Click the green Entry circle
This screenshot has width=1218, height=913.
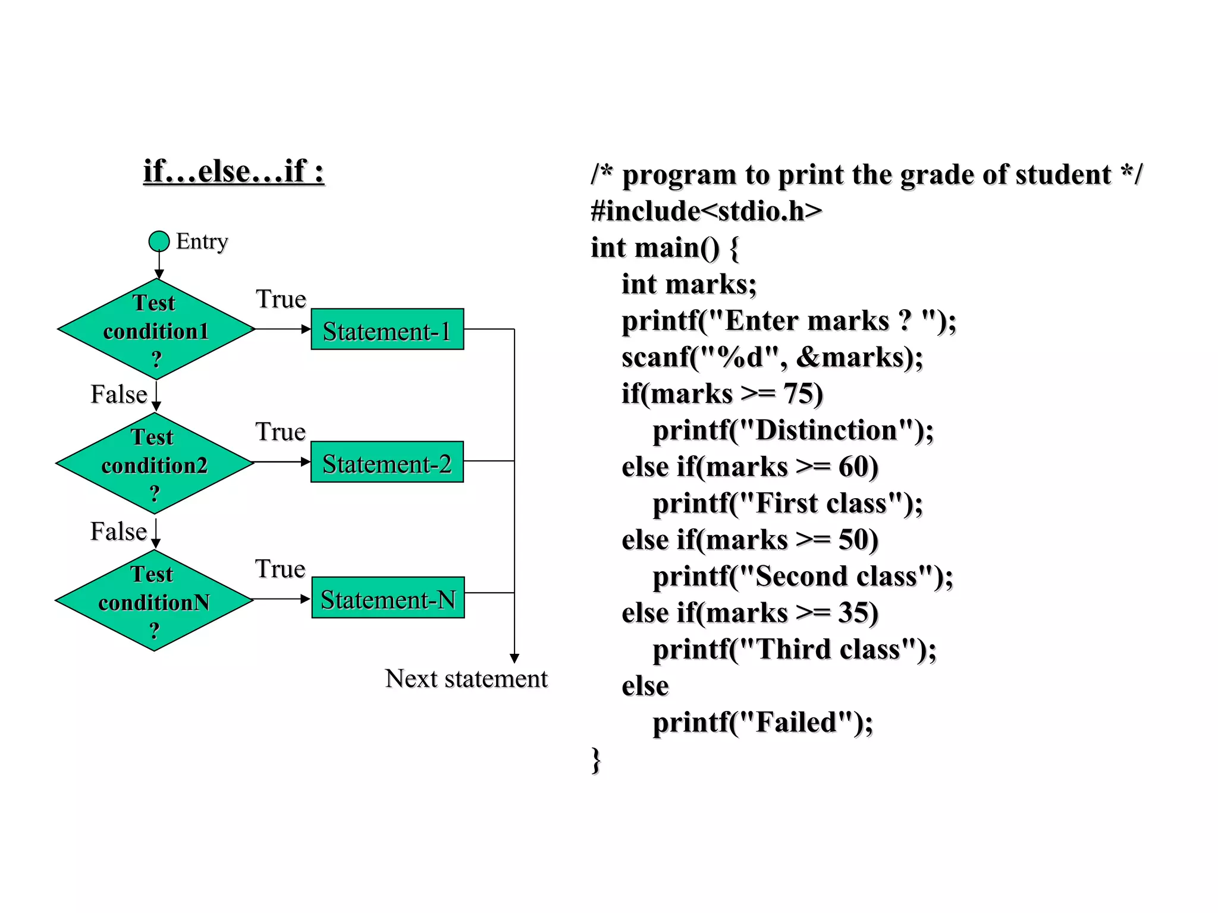click(159, 241)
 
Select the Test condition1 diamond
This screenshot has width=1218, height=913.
click(156, 329)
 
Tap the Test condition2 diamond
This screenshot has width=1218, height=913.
click(155, 464)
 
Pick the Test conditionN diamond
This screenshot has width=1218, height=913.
click(154, 600)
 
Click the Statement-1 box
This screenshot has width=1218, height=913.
click(387, 329)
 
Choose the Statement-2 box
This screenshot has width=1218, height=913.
click(387, 462)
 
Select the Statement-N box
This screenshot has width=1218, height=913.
click(388, 598)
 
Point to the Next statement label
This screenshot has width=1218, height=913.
click(466, 679)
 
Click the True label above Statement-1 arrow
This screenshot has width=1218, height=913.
click(281, 299)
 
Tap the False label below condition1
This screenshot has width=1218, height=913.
click(118, 395)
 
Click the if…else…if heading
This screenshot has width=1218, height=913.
click(234, 172)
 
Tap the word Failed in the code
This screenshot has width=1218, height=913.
click(796, 723)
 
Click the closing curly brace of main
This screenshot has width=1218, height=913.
click(596, 760)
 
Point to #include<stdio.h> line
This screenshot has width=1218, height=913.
click(706, 212)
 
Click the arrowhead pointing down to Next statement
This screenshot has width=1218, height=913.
click(514, 658)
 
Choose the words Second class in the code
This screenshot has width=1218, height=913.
click(836, 577)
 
